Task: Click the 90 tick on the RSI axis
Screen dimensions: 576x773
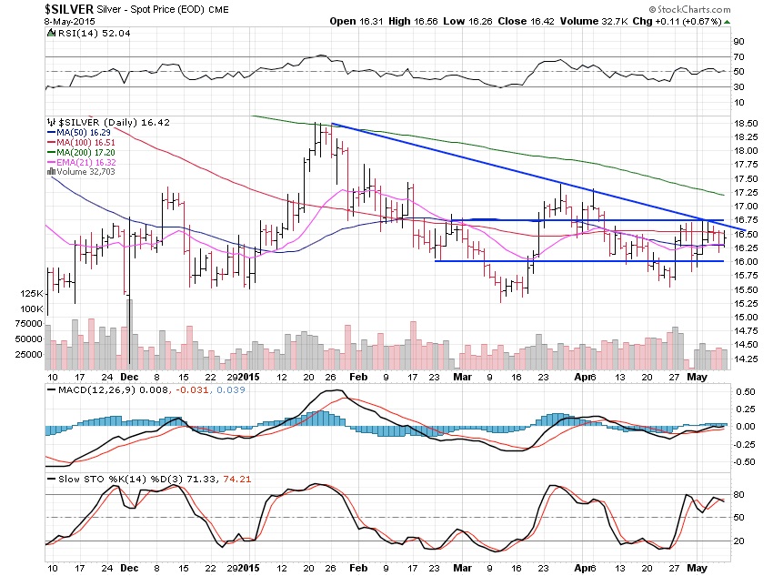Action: coord(739,41)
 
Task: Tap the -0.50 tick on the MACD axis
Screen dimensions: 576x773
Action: coord(743,460)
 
